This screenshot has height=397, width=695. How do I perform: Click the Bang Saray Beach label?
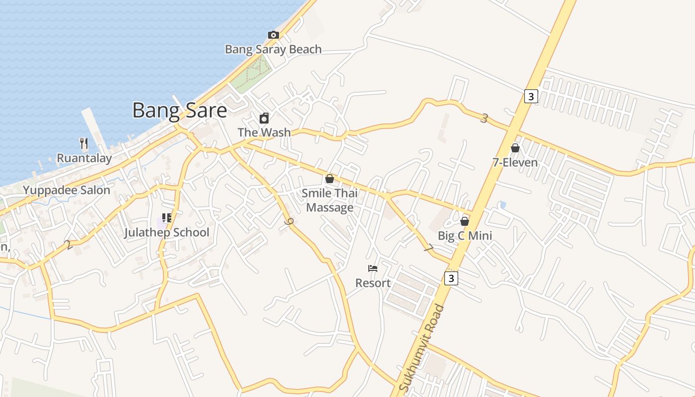coord(273,49)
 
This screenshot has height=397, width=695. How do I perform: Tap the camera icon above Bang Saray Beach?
coord(273,35)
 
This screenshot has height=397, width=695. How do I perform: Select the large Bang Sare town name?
coord(179,110)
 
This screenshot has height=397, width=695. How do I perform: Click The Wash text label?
coord(264,132)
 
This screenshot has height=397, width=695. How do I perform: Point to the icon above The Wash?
coord(264,118)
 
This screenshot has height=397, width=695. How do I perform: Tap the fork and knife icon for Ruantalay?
coord(84,143)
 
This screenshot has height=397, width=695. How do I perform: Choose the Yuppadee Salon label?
coord(67,190)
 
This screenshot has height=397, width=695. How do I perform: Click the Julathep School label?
coord(167,232)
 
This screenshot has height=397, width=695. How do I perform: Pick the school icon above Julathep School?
coord(167,218)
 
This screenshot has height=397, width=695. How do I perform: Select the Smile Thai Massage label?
coord(330,200)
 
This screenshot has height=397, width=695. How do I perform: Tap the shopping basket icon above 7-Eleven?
coord(515,148)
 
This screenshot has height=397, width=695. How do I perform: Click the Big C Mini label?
coord(465,236)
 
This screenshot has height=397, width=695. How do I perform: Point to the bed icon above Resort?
coord(373,268)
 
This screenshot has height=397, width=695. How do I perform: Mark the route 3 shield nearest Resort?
coord(451,278)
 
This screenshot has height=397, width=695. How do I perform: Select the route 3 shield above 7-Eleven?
coord(531,96)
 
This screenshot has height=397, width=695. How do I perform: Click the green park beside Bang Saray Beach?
coord(256,73)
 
